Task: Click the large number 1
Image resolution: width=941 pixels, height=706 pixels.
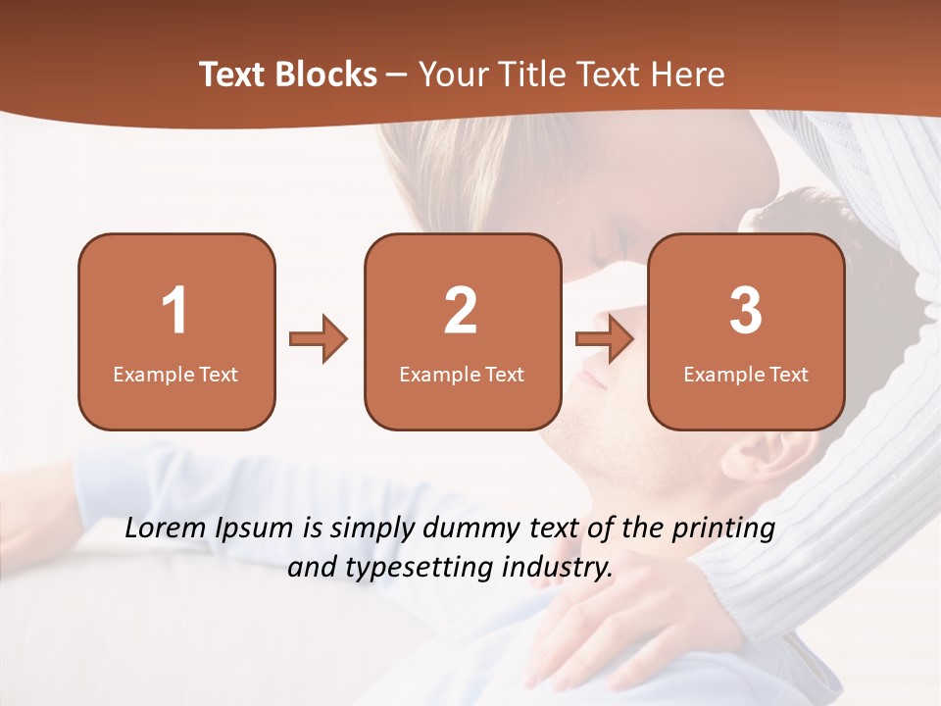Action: pyautogui.click(x=174, y=311)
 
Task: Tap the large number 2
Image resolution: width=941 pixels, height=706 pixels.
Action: pyautogui.click(x=461, y=311)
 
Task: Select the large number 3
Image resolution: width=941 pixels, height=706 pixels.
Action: pyautogui.click(x=746, y=311)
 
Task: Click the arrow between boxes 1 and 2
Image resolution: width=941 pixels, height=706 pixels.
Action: pyautogui.click(x=319, y=339)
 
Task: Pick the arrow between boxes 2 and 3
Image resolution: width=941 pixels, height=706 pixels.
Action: pyautogui.click(x=605, y=339)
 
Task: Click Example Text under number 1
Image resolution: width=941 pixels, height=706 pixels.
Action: pyautogui.click(x=175, y=374)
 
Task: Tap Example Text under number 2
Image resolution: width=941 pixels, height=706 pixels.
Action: pyautogui.click(x=462, y=374)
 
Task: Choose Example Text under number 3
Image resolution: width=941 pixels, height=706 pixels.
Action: pyautogui.click(x=746, y=374)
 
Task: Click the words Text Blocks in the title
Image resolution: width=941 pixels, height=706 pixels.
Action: pyautogui.click(x=288, y=75)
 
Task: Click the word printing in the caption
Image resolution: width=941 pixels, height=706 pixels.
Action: pyautogui.click(x=723, y=529)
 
